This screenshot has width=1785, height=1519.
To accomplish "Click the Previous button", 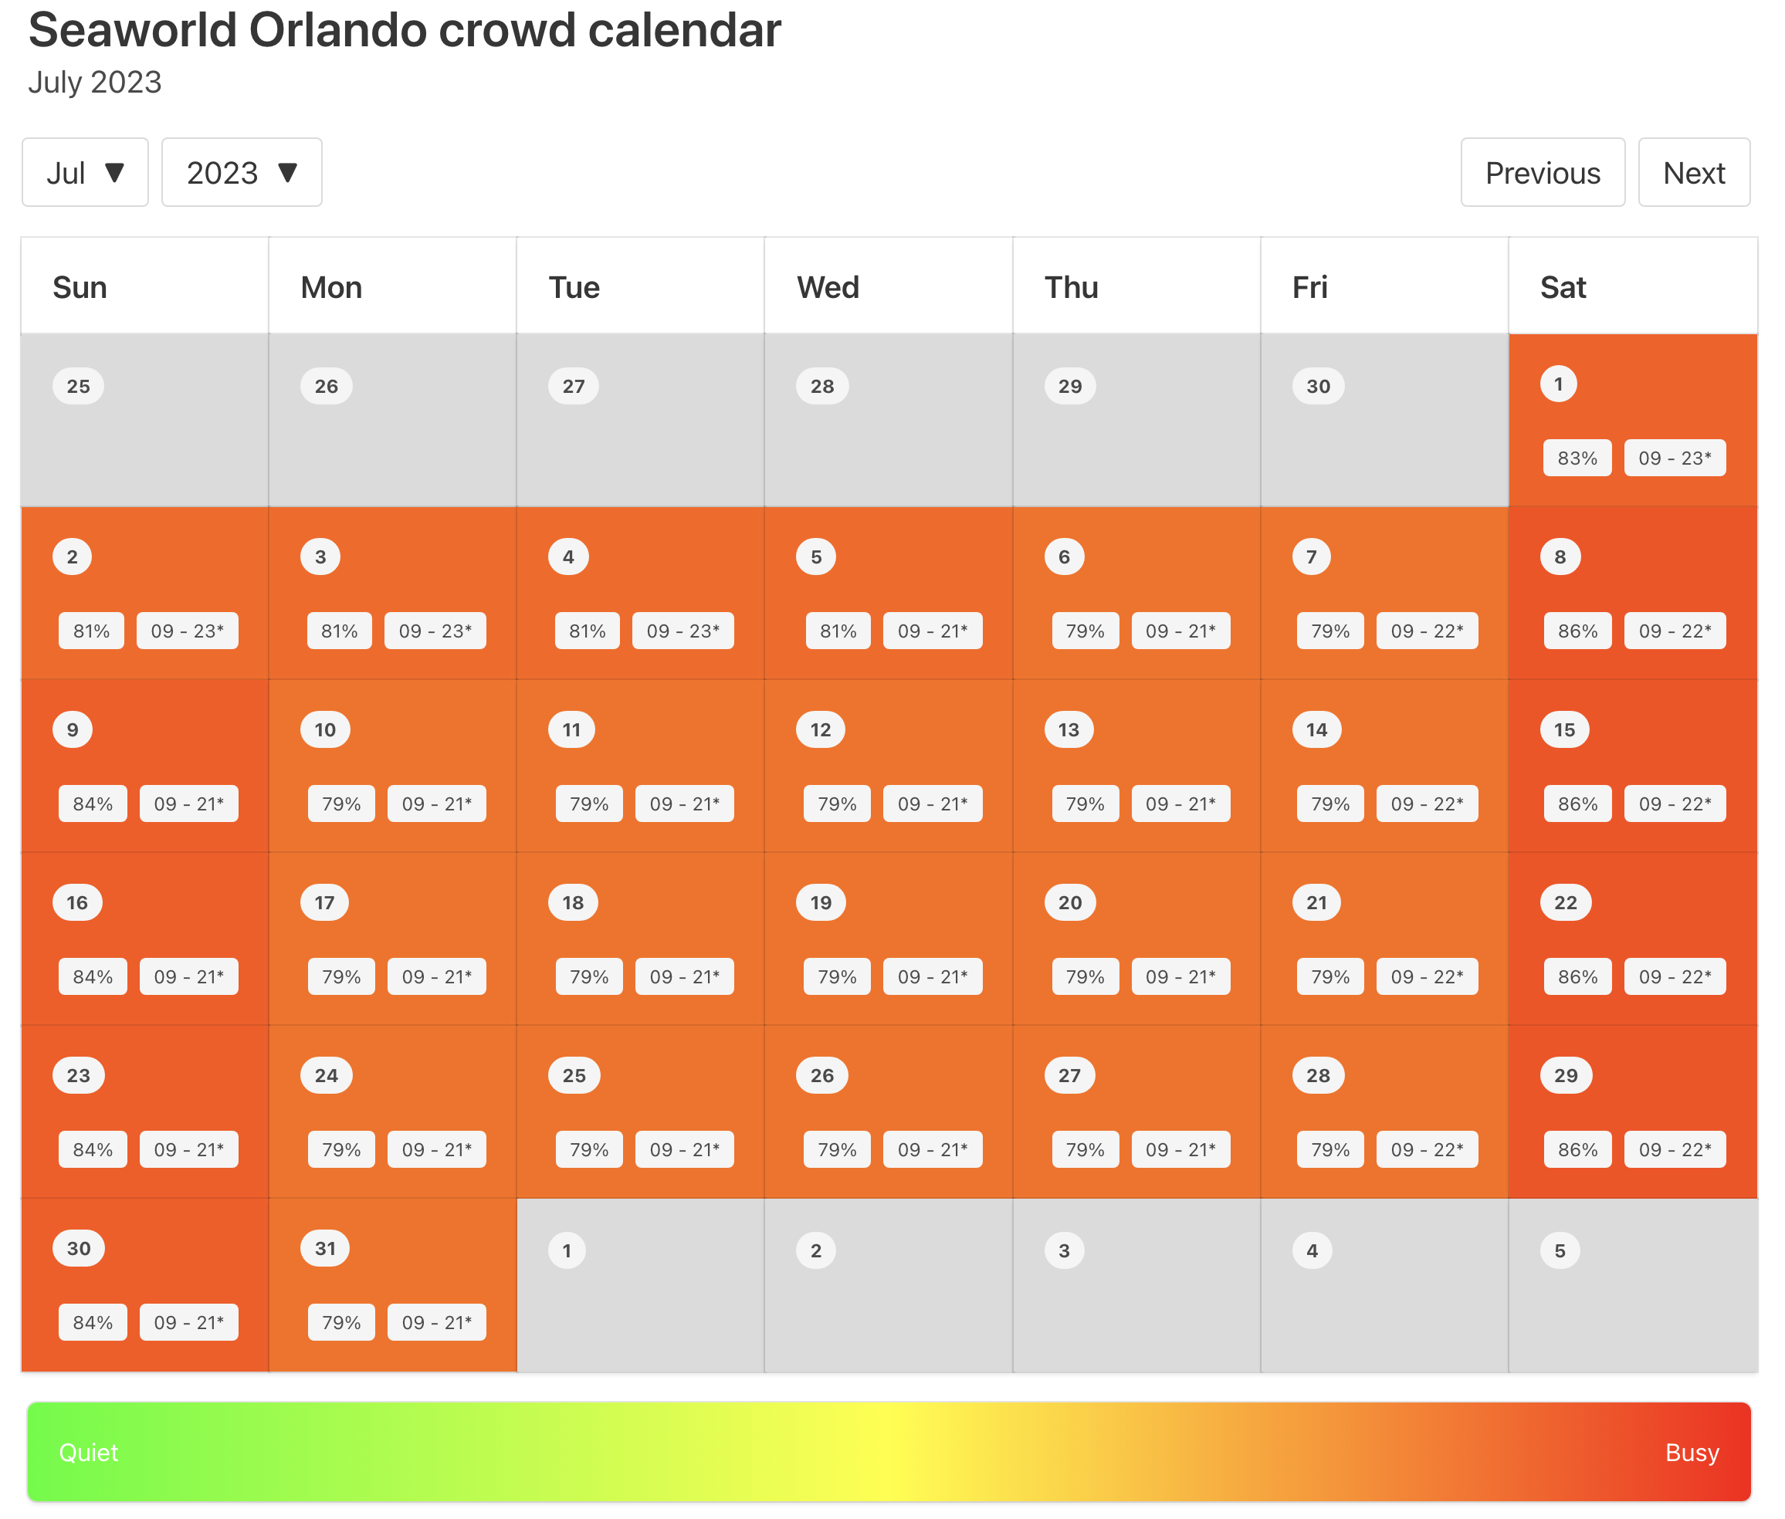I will click(1541, 173).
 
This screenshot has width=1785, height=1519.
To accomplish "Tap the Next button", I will click(1693, 173).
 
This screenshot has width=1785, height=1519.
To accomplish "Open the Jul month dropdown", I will click(85, 173).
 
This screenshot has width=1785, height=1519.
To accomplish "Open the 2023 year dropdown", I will click(241, 173).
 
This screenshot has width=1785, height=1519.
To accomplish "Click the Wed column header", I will click(827, 288).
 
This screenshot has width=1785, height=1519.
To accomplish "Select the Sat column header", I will click(1562, 288).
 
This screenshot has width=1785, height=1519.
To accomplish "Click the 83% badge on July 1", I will click(1577, 458).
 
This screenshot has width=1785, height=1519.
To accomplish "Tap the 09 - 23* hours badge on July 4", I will click(682, 631).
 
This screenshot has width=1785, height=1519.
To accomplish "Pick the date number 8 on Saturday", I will click(1560, 557).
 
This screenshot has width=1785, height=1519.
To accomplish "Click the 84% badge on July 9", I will click(92, 804).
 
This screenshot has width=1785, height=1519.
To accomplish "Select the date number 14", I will click(1316, 730).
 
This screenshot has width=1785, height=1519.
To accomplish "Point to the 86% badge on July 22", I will click(1577, 977).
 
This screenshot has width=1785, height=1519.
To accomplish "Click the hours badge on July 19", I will click(932, 977).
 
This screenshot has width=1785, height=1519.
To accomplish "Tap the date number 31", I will click(325, 1249).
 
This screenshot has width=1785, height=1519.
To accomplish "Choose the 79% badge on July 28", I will click(1329, 1149).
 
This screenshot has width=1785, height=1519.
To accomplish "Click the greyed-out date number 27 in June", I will click(573, 387).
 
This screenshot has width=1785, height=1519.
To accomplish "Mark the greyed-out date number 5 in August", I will click(1560, 1251).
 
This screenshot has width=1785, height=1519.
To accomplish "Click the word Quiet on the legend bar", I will click(88, 1453).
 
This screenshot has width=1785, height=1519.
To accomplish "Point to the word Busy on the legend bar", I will click(1691, 1453).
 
